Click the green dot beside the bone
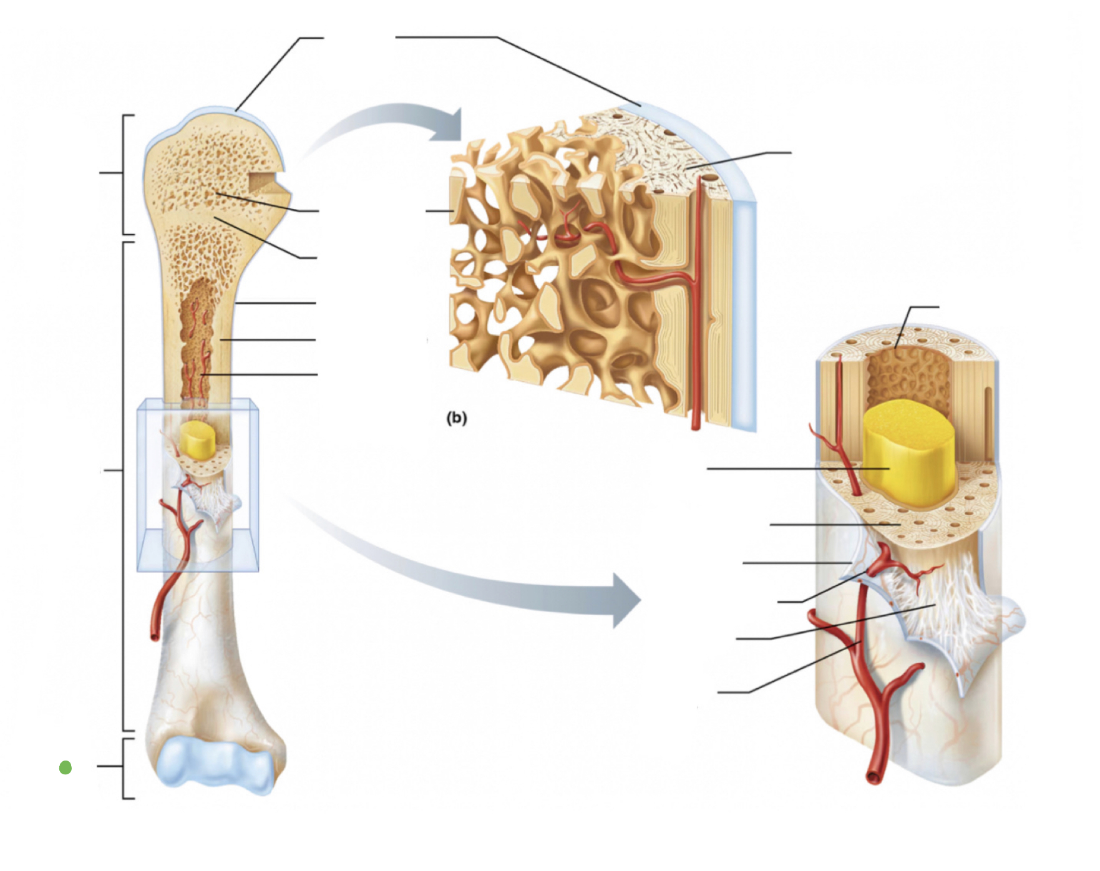(66, 767)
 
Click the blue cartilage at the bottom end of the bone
(215, 764)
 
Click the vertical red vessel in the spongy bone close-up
(696, 312)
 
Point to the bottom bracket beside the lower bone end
(125, 768)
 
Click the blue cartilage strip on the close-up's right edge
(745, 312)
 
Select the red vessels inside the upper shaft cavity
(198, 349)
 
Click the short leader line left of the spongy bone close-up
(439, 211)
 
